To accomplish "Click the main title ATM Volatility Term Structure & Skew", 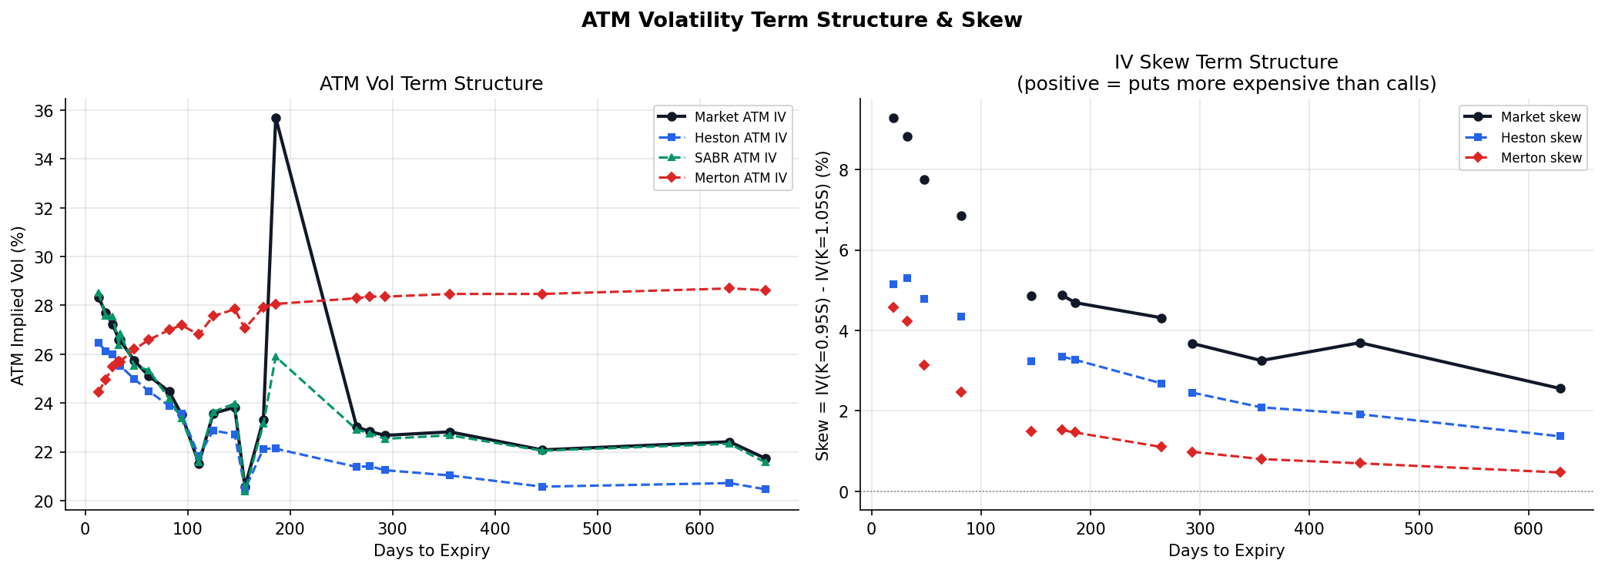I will [x=802, y=21].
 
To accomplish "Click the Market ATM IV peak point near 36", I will [x=276, y=119].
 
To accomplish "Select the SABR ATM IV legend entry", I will [x=735, y=158].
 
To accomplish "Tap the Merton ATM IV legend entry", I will [x=739, y=178].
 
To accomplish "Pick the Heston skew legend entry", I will [x=1540, y=138].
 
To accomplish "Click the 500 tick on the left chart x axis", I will [x=597, y=529].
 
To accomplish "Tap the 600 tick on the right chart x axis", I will [x=1528, y=529].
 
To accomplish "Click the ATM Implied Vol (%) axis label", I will [x=18, y=305].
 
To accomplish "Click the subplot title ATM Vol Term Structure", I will [x=431, y=84].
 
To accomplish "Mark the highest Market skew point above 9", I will [x=893, y=119].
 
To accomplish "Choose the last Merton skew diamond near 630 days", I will [x=1560, y=472].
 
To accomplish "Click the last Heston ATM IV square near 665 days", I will [x=766, y=489].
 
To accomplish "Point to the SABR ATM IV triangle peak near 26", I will [x=276, y=357].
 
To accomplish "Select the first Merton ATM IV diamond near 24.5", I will [x=99, y=392].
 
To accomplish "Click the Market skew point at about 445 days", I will [x=1360, y=343].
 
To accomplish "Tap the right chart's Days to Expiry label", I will [x=1226, y=551].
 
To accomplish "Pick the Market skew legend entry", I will [x=1540, y=117].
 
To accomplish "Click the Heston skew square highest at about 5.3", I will [x=907, y=278].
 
